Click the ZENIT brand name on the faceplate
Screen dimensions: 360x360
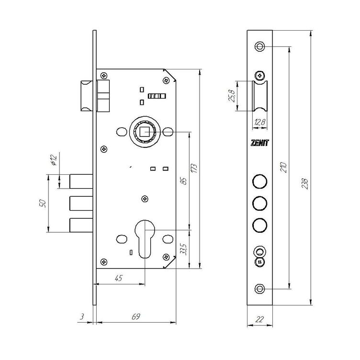click(x=259, y=143)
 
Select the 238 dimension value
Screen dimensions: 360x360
click(x=304, y=183)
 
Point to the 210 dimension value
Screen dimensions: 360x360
click(x=283, y=168)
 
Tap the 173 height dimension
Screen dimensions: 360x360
click(x=194, y=169)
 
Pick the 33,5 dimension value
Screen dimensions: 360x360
click(x=184, y=249)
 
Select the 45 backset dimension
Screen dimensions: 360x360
click(x=118, y=278)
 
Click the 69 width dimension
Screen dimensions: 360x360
click(x=135, y=316)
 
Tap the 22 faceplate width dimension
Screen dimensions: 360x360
click(x=259, y=319)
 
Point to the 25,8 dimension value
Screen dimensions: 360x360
click(x=231, y=96)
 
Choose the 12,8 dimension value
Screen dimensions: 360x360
click(x=259, y=122)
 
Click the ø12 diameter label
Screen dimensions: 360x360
click(x=54, y=160)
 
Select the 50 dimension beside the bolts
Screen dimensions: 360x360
click(x=43, y=203)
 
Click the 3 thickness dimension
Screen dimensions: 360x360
click(x=81, y=316)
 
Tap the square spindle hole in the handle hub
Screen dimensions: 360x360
click(x=145, y=132)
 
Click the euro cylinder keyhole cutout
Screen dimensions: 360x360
click(x=145, y=239)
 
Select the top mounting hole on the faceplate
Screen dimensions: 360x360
click(x=259, y=46)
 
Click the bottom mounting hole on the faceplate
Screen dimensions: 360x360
click(x=259, y=288)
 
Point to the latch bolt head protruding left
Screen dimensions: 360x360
click(x=87, y=96)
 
